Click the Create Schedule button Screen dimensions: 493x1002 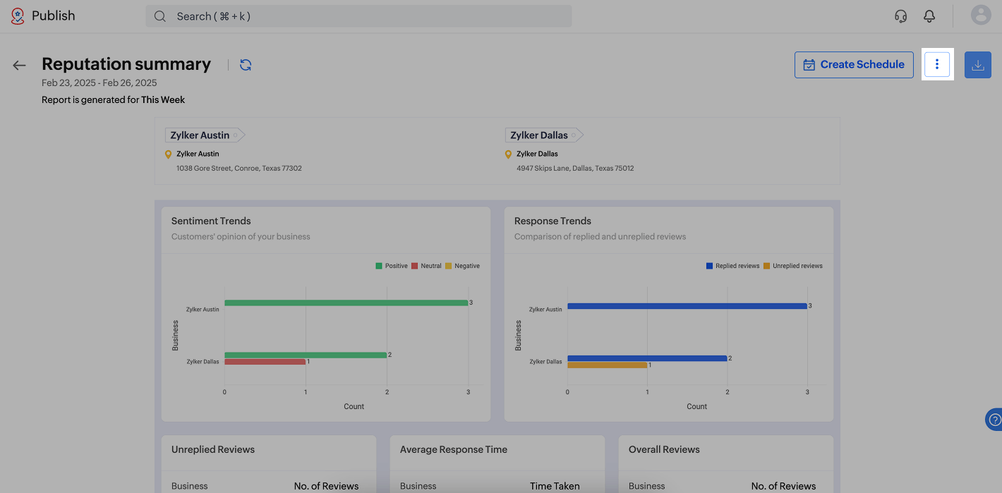tap(854, 65)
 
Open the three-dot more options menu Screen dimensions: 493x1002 tap(937, 65)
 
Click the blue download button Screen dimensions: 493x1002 tap(977, 65)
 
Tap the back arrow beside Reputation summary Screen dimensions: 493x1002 tap(19, 66)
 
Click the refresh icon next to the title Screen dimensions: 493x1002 tap(246, 65)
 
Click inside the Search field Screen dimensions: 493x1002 tap(358, 16)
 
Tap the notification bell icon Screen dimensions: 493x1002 tap(929, 16)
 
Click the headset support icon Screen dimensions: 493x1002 tap(900, 16)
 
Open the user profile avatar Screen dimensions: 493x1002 tap(981, 15)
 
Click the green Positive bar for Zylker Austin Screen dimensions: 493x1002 tap(346, 303)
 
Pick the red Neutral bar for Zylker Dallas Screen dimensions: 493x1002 tap(265, 362)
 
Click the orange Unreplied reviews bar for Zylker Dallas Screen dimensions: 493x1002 tap(607, 365)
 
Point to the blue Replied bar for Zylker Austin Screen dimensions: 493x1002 tap(687, 306)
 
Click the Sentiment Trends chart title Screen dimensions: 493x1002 tap(211, 221)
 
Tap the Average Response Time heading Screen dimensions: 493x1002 tap(453, 449)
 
